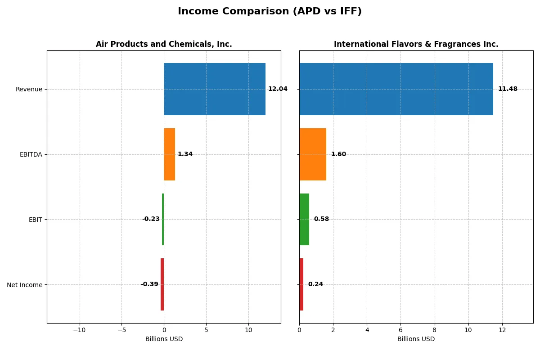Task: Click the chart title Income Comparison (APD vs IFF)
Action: tap(270, 11)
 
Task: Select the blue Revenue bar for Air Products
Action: tap(215, 89)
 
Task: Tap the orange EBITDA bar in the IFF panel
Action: tap(313, 154)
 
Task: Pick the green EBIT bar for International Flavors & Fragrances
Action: tap(304, 219)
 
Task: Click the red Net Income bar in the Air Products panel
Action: tap(162, 284)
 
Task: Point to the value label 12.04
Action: tap(278, 89)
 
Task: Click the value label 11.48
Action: tap(508, 89)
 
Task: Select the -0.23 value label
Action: tap(151, 219)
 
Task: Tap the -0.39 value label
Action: tap(149, 284)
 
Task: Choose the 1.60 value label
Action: tap(338, 154)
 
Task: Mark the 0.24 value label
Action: tap(315, 284)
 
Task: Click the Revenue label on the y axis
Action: tap(29, 89)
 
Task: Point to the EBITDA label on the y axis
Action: tap(31, 154)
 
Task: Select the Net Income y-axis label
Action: tap(25, 285)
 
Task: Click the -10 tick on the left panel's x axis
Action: tap(80, 330)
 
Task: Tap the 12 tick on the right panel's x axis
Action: tap(502, 330)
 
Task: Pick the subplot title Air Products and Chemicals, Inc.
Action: tap(164, 44)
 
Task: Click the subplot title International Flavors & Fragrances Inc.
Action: tap(416, 44)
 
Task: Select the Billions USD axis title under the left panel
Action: tap(164, 339)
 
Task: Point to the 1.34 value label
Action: tap(185, 154)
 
